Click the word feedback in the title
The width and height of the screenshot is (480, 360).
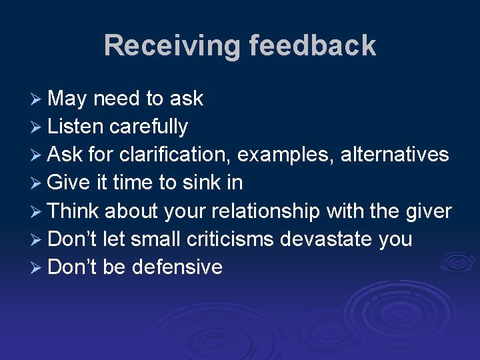click(313, 46)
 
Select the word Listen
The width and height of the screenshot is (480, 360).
click(75, 127)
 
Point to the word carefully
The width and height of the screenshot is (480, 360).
click(149, 127)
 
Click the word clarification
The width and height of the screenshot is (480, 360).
click(176, 155)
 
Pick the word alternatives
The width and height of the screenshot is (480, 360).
click(395, 155)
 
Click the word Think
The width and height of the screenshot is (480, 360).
click(73, 211)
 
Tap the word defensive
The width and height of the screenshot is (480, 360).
click(177, 267)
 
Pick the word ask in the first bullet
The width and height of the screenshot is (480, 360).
click(187, 99)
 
